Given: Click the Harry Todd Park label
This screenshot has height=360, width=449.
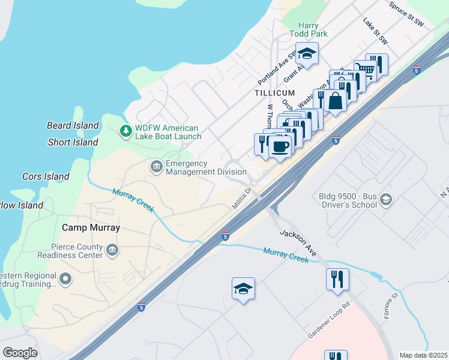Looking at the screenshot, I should point(309,29).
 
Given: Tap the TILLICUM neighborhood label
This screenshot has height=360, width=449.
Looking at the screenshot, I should point(274,93).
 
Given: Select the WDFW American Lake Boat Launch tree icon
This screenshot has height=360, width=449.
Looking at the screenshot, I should point(125,130).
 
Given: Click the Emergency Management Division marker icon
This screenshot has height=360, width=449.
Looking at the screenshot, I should point(156,166).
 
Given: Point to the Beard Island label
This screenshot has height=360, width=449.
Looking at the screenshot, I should point(73,125).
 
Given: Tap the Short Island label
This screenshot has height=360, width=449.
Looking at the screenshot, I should point(73,142).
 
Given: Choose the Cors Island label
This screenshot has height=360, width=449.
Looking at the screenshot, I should point(46,176).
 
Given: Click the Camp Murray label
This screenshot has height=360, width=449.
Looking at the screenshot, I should point(91,228).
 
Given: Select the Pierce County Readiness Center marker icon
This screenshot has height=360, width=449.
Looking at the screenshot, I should point(112,249).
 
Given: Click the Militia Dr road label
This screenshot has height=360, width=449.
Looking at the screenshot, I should point(245,199).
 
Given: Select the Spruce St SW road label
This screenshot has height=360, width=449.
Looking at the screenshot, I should point(406,14).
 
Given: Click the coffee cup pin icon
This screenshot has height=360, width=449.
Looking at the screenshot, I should point(279,146).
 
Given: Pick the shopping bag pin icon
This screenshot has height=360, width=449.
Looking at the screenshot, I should point(336,100).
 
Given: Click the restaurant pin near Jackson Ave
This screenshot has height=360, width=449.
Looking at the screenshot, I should point(338,279).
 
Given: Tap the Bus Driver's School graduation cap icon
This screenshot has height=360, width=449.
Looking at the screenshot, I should point(385,200).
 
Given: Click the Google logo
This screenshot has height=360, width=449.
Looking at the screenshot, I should point(20,353).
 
